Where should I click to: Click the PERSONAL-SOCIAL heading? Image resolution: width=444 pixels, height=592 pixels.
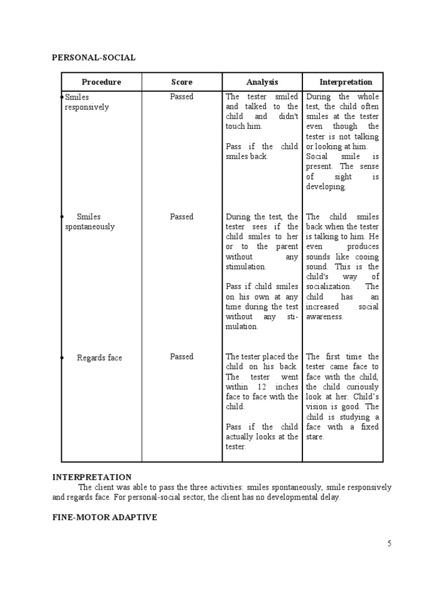tap(94, 57)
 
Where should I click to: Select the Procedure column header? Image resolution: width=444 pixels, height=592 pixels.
tap(101, 82)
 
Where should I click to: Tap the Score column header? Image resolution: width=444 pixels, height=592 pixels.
tap(182, 82)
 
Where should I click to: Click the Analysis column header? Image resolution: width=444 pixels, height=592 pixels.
tap(262, 82)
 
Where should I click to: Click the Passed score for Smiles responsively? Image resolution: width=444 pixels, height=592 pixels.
tap(182, 97)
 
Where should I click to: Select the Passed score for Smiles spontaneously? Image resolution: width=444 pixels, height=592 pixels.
tap(182, 217)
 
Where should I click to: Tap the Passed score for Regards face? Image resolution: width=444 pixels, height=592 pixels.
tap(182, 357)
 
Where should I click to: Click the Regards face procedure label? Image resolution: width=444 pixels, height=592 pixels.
tap(99, 358)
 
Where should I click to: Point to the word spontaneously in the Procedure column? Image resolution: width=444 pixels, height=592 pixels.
tap(90, 227)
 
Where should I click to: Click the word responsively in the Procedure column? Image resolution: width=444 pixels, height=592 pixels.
tap(87, 107)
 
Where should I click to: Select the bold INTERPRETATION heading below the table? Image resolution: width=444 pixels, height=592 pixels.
tap(92, 477)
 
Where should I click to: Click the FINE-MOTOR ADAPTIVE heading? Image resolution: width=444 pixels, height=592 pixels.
tap(105, 517)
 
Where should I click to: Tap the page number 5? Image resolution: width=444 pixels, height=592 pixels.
tap(389, 543)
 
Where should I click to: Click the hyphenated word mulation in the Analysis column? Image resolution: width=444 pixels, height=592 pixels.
tap(242, 327)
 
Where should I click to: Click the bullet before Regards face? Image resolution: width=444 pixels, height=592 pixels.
tap(62, 358)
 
